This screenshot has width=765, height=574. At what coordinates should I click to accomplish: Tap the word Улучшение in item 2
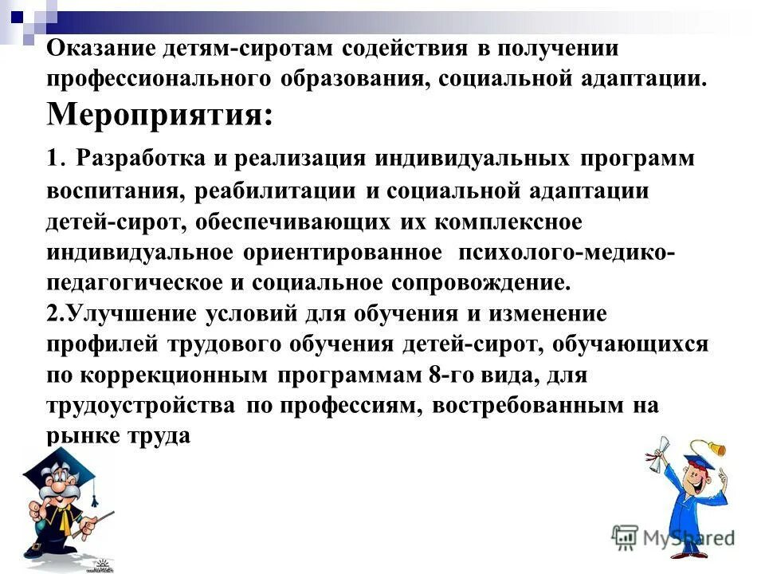133,313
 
